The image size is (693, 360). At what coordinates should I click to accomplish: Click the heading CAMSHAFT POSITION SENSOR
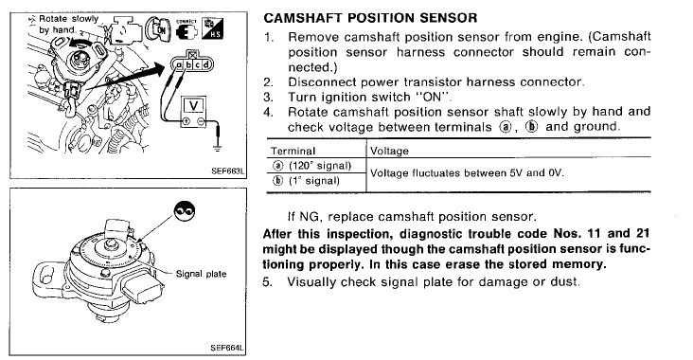[370, 18]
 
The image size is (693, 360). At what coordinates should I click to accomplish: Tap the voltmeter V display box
[193, 106]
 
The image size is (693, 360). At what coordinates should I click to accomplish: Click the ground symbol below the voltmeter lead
[217, 148]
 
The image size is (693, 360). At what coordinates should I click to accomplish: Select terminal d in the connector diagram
[205, 65]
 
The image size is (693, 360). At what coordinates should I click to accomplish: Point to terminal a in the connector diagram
[179, 65]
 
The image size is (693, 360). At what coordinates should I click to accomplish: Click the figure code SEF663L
[228, 171]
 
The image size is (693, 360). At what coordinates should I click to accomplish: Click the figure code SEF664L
[227, 348]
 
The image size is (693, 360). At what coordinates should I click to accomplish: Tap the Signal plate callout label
[201, 274]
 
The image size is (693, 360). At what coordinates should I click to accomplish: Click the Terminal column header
[293, 152]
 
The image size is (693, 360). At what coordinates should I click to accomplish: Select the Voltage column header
[389, 152]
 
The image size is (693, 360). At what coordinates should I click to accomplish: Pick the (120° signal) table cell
[320, 166]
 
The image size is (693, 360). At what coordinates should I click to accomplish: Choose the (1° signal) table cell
[314, 181]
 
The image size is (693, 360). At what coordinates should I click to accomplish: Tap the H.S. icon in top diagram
[212, 28]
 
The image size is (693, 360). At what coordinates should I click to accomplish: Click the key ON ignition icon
[158, 28]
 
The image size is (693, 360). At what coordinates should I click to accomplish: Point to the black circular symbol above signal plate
[185, 211]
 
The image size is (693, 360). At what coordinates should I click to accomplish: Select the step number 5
[266, 281]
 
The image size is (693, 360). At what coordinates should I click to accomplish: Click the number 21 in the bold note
[643, 233]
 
